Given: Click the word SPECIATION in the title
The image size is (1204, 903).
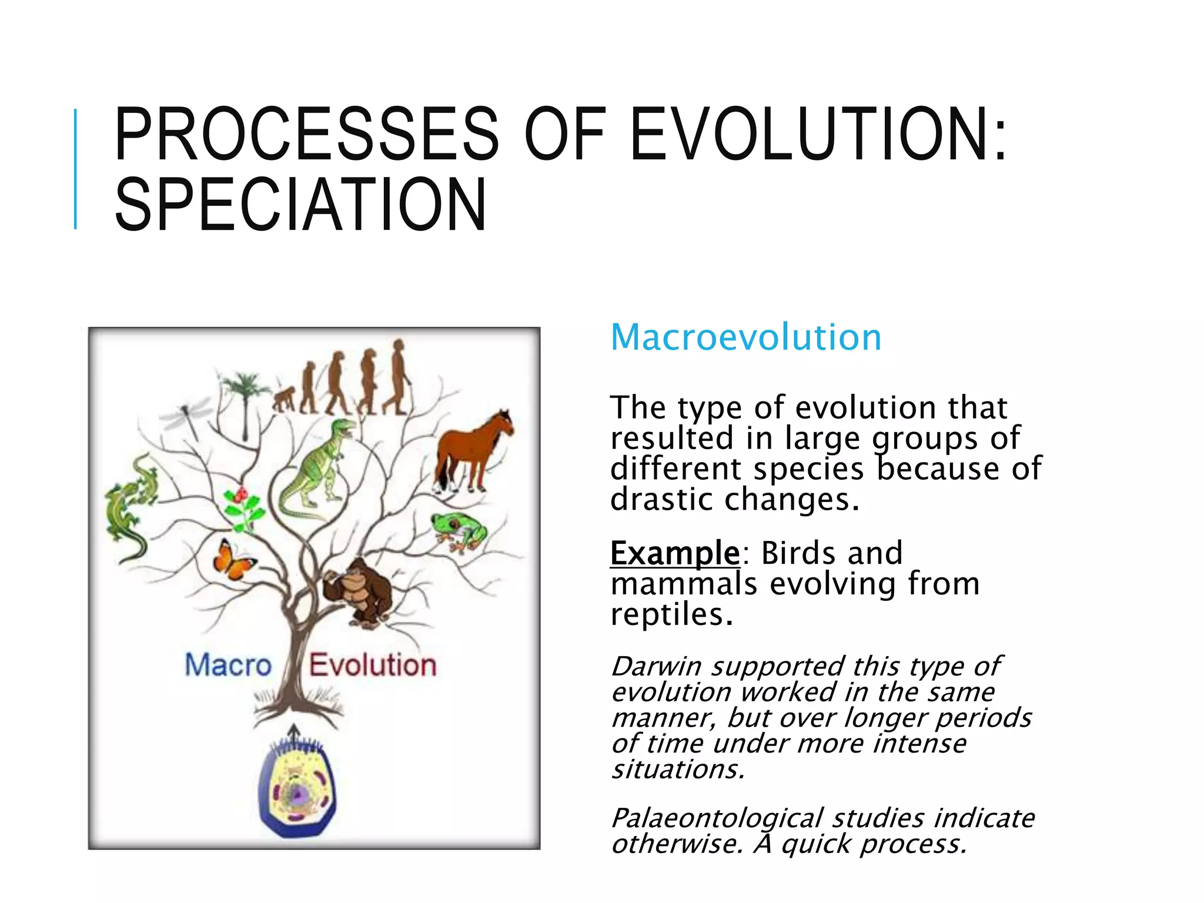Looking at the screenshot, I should (300, 205).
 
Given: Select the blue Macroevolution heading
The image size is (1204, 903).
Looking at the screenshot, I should (745, 337).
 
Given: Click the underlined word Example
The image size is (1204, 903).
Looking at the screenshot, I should (674, 553).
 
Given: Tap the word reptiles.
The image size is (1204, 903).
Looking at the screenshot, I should (671, 615).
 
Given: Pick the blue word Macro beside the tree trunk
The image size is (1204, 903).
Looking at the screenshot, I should (228, 665).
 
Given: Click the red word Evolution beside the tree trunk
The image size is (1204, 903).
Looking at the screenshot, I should (373, 665).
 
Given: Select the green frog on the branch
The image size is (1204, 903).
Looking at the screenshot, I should (459, 530).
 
